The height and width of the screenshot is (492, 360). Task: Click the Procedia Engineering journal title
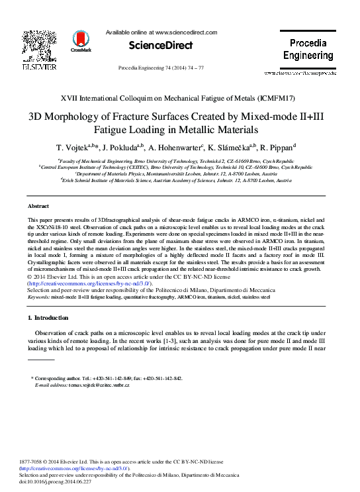point(308,49)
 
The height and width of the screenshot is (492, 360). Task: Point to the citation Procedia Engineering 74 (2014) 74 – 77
point(161,68)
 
